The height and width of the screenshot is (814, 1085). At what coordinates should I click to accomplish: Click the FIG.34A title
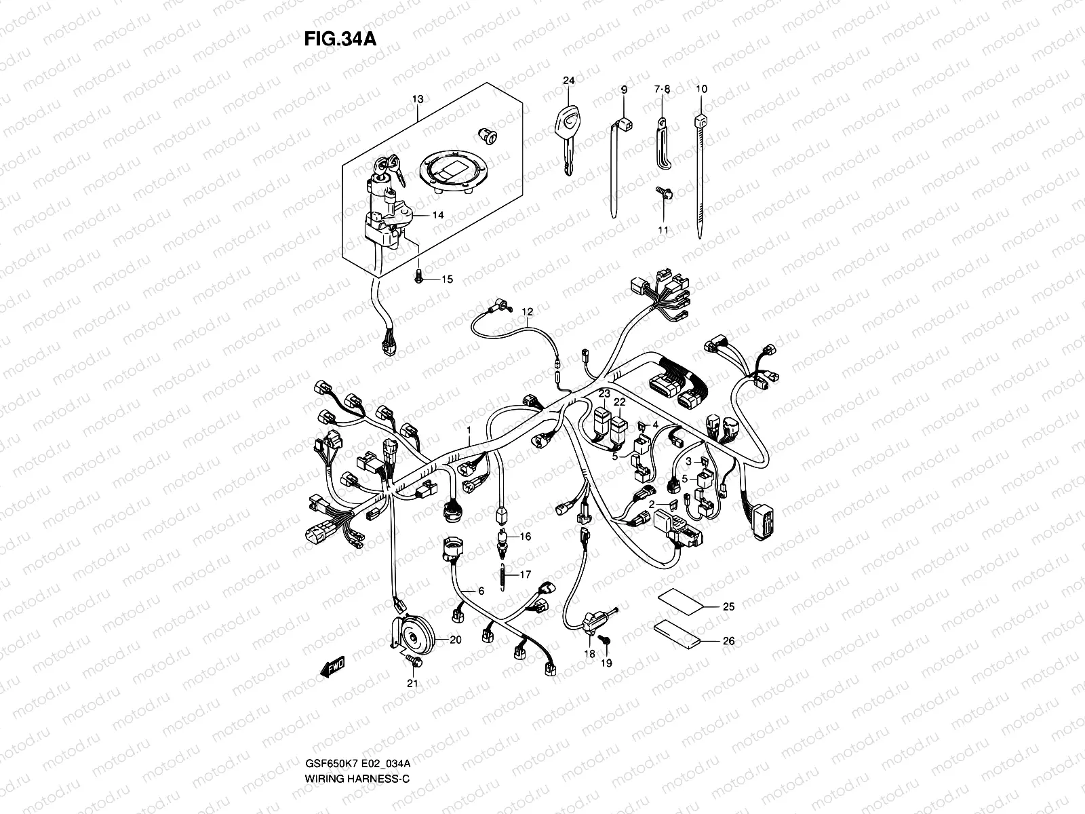340,39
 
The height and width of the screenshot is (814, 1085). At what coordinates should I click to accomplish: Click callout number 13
418,99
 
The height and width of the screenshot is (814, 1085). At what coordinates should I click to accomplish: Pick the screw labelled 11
664,193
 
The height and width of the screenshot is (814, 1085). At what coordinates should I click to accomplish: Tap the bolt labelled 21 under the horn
413,660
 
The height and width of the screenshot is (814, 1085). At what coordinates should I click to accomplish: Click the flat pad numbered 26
677,634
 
